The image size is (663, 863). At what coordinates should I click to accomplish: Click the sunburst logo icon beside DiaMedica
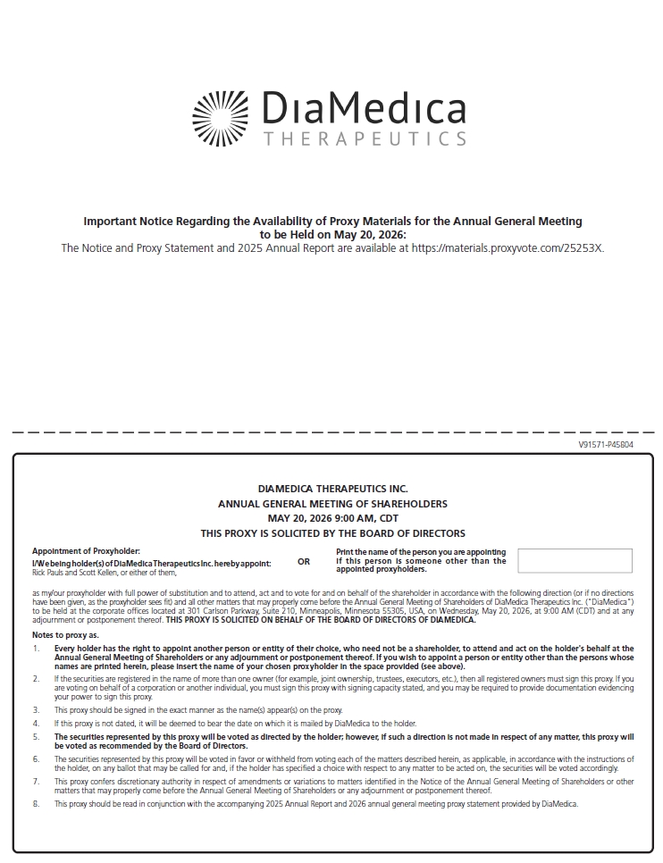coord(221,118)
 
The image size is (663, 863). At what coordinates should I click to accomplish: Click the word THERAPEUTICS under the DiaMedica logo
coord(365,139)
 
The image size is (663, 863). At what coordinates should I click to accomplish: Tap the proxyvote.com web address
coord(507,248)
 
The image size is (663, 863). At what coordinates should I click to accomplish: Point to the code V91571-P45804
coord(606,444)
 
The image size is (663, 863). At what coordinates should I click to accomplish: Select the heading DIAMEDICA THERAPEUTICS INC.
coord(332,489)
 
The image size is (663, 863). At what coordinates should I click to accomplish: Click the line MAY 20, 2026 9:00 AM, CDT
coord(332,518)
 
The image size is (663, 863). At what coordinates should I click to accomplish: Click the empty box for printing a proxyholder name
coord(575,561)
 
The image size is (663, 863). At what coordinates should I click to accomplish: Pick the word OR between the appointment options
coord(304,562)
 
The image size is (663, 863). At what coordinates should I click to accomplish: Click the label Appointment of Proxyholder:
coord(86,551)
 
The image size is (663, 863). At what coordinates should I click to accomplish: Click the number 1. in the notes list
coord(37,649)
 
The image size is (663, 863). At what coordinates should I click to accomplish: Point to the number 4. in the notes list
coord(37,723)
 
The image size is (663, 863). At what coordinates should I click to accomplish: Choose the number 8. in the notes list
coord(37,804)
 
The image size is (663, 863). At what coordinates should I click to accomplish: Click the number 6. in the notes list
coord(37,758)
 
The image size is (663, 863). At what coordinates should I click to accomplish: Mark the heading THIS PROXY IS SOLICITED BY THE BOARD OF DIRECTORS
coord(332,533)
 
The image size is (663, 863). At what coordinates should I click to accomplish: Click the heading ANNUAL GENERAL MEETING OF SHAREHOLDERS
coord(332,504)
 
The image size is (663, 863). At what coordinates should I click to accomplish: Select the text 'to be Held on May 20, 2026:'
coord(332,234)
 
